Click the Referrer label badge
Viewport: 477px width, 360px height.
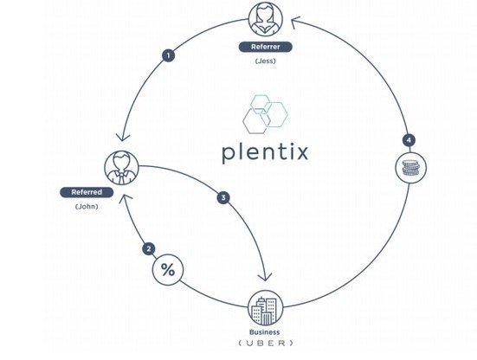point(265,47)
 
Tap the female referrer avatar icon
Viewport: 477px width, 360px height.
point(266,19)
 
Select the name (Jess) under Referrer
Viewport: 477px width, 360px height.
point(266,61)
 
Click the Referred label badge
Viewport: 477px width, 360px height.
point(87,192)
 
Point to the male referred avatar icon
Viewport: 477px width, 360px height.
point(121,168)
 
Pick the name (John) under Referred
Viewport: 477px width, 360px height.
point(87,207)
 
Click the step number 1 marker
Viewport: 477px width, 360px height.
point(168,55)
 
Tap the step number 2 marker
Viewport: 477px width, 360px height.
point(148,249)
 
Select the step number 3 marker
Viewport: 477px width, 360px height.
point(223,197)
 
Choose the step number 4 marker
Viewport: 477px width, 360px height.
point(409,140)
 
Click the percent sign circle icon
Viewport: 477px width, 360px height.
point(168,270)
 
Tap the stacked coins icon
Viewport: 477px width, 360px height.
point(410,168)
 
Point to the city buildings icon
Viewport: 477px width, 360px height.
point(266,308)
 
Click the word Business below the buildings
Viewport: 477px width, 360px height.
point(264,332)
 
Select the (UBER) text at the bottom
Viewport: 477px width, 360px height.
point(266,344)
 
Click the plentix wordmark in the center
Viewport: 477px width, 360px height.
point(265,152)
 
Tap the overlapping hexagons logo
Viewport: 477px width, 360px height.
point(265,114)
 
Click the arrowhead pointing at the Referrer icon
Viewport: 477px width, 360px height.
point(296,22)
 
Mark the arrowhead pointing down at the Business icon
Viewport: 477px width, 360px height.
point(265,277)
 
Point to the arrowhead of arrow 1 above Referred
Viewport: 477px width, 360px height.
point(122,137)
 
